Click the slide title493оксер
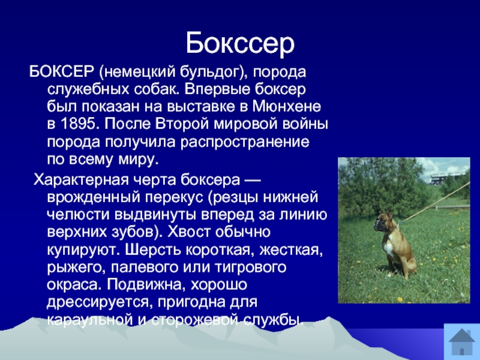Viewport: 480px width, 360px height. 240,43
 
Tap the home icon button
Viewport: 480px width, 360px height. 461,341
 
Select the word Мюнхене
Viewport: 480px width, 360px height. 287,107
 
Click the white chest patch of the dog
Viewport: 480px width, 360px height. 388,246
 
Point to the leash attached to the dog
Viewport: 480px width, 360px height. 434,203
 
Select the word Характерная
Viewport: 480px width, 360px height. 81,179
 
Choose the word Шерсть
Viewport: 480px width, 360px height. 154,250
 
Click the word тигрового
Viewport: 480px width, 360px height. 250,268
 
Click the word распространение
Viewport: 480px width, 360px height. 245,143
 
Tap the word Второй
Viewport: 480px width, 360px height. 182,124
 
